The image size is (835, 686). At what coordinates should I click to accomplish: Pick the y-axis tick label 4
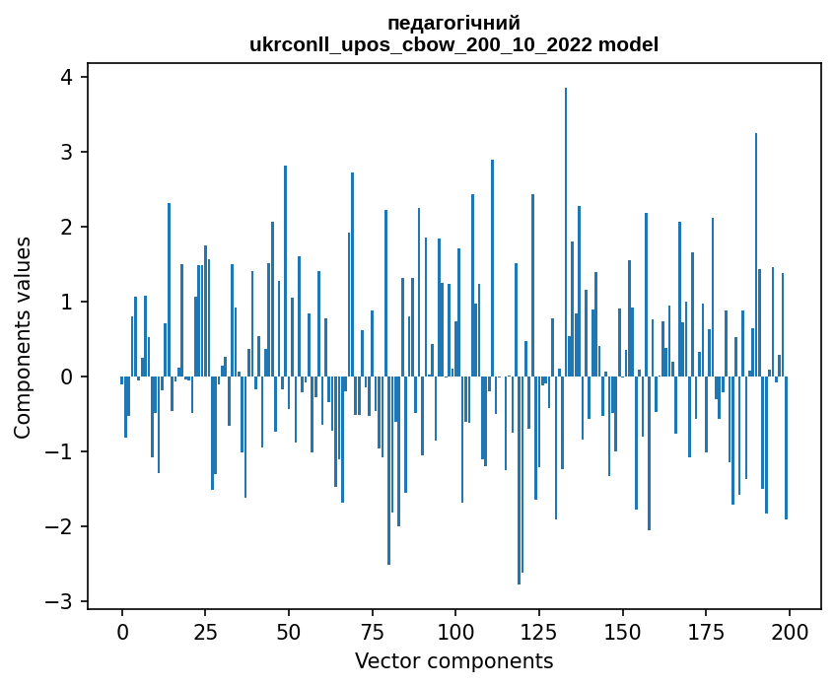tap(68, 78)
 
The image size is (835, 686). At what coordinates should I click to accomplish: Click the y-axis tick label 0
tap(68, 377)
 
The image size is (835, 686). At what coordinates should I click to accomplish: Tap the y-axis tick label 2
tap(68, 228)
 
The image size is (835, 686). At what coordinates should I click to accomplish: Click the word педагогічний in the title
tap(454, 23)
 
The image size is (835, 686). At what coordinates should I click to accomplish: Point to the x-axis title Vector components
tap(454, 660)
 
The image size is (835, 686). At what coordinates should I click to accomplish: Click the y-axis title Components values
tap(23, 338)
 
